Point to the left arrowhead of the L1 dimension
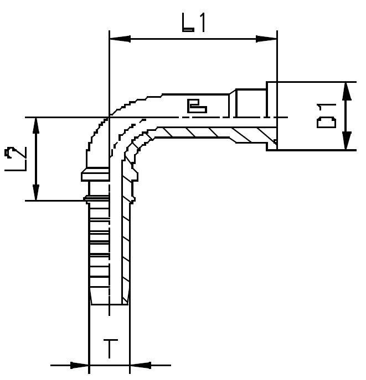click(120, 39)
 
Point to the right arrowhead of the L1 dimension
click(267, 39)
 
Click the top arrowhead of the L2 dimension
click(36, 126)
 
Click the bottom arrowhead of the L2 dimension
click(36, 191)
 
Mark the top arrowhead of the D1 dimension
click(346, 91)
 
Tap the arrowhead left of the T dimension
click(80, 365)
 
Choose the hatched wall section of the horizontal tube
click(216, 133)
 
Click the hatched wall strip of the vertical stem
click(126, 243)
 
